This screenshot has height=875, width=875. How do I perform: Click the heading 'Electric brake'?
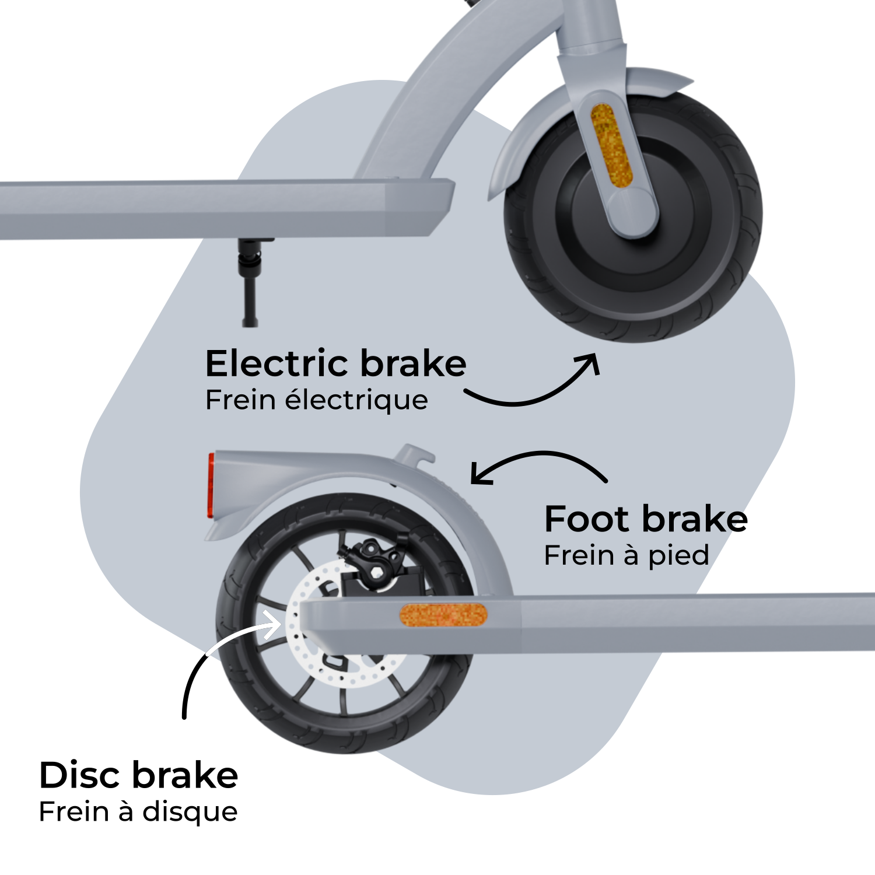335,364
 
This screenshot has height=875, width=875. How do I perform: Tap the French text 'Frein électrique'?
316,400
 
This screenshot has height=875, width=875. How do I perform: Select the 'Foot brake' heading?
645,519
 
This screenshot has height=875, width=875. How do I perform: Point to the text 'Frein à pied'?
626,555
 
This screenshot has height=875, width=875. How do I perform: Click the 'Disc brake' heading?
138,775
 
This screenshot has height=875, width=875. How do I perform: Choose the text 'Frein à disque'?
138,811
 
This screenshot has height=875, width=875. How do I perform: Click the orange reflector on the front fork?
611,145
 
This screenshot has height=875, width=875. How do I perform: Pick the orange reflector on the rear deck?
443,614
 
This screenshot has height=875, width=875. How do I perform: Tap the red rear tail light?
211,485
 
